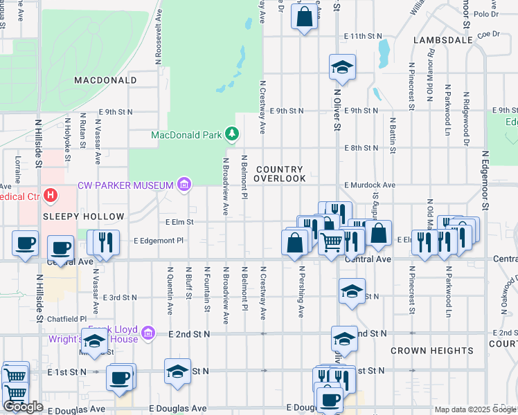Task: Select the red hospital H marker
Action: click(51, 196)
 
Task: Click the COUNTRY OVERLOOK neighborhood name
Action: click(279, 174)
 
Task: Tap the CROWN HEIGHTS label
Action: click(431, 351)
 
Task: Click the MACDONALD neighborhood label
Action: click(105, 80)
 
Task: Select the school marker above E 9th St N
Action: click(342, 67)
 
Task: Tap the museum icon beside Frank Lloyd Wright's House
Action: click(148, 334)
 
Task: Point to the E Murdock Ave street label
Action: click(370, 185)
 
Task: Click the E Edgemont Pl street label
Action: click(159, 241)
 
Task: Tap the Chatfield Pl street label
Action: click(68, 319)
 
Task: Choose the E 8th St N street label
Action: click(361, 148)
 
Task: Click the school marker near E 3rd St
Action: click(352, 290)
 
